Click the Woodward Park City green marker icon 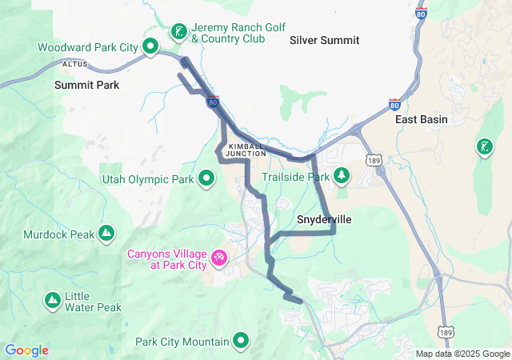click(150, 47)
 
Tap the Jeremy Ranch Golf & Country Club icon click(178, 33)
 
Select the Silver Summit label click(324, 40)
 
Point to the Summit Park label click(86, 84)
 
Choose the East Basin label click(421, 119)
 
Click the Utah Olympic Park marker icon click(206, 178)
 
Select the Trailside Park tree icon click(342, 174)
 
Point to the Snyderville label click(324, 218)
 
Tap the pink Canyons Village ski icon click(218, 258)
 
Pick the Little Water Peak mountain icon click(52, 300)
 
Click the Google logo click(26, 350)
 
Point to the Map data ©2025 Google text click(462, 354)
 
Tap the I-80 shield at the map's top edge click(422, 13)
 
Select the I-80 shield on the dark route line click(212, 102)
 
